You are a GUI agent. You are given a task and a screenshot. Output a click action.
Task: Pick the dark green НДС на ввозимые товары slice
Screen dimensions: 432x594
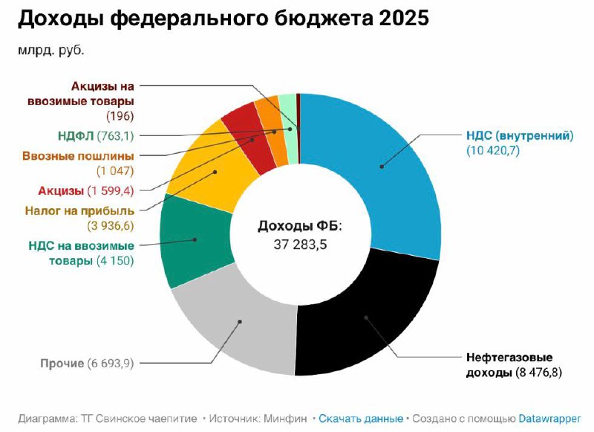189,242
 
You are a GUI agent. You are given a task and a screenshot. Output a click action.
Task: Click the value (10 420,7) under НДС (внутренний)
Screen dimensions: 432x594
497,151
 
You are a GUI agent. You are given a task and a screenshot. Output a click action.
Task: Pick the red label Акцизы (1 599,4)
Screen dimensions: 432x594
85,191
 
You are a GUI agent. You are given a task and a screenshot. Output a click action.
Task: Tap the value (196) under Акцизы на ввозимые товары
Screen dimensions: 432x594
119,115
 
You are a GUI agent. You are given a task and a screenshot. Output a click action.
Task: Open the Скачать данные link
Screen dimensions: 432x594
361,419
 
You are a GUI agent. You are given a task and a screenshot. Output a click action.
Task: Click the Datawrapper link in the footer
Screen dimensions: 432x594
549,419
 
